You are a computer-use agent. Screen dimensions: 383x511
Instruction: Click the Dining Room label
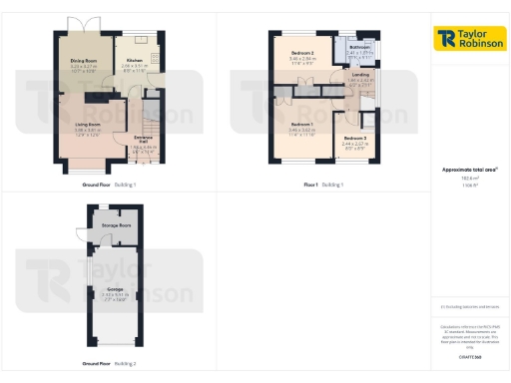(x=83, y=60)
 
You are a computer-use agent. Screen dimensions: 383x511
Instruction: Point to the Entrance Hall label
(x=144, y=141)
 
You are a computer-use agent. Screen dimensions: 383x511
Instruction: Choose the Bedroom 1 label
(x=302, y=126)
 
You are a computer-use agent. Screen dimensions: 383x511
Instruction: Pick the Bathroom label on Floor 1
(x=360, y=47)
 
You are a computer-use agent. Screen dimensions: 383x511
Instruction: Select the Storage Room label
(x=117, y=226)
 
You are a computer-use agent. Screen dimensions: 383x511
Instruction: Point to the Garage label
(x=116, y=289)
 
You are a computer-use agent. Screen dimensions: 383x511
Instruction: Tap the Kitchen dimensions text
(x=134, y=67)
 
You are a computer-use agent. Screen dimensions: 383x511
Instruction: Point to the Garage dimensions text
(x=116, y=295)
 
